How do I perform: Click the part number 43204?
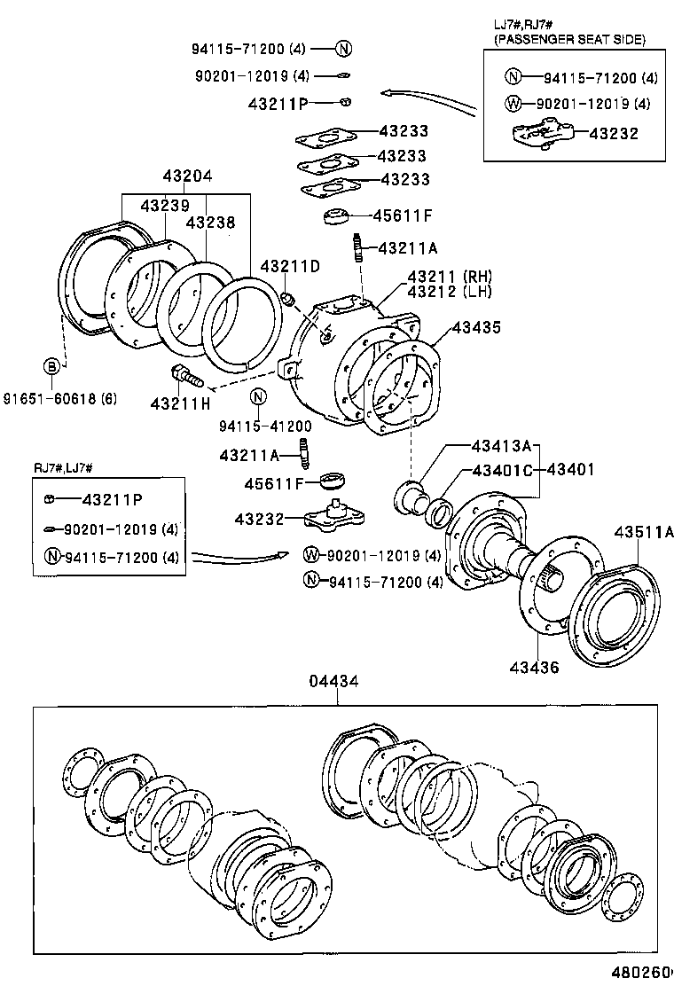point(187,176)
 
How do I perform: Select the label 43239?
point(164,205)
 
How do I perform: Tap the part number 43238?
point(211,223)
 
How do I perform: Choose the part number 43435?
point(476,327)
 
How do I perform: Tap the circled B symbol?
point(53,366)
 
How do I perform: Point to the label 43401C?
point(501,469)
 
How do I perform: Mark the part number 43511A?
point(644,532)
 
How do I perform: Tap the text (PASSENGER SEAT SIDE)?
point(569,39)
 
